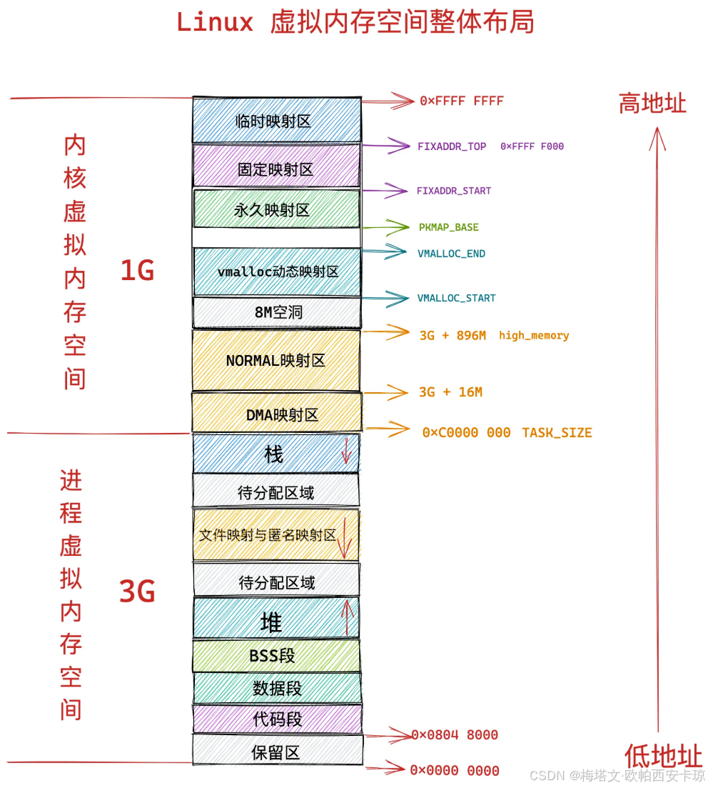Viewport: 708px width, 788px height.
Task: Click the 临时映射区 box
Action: pos(276,120)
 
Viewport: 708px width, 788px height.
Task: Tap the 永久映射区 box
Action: pos(276,209)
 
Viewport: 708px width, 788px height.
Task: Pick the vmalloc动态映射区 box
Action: pos(277,271)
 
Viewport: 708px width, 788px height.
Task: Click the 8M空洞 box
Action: pos(277,312)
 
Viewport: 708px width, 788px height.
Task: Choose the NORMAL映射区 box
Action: pos(276,361)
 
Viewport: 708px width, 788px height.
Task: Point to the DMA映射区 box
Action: pos(277,414)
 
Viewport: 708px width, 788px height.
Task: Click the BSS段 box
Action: pos(276,655)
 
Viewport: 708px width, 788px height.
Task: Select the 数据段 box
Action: pos(277,688)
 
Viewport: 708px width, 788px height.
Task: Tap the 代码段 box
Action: pos(277,719)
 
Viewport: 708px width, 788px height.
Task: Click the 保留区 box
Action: pos(277,752)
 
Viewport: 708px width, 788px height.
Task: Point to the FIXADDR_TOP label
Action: pos(452,146)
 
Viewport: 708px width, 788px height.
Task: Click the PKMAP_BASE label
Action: pos(448,227)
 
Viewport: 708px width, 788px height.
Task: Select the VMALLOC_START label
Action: pos(456,298)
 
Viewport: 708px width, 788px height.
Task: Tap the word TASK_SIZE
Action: pos(557,432)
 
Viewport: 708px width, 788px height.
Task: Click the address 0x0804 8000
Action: pos(455,735)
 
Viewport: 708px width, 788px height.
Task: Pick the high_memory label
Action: pos(534,335)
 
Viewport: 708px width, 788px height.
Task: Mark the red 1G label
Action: pos(137,271)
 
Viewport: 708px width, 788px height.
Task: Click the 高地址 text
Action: pos(652,104)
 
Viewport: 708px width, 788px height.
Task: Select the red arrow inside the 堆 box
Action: pos(348,618)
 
